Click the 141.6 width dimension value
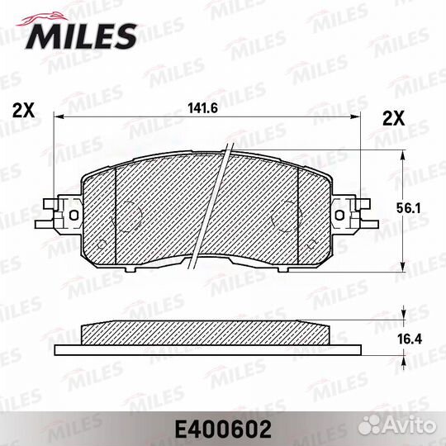(203, 108)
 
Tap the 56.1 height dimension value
(409, 209)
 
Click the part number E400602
(223, 429)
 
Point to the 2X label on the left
(24, 111)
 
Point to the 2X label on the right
(393, 118)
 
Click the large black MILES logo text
(82, 36)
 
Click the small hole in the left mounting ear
(74, 215)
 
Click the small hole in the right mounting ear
(339, 215)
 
